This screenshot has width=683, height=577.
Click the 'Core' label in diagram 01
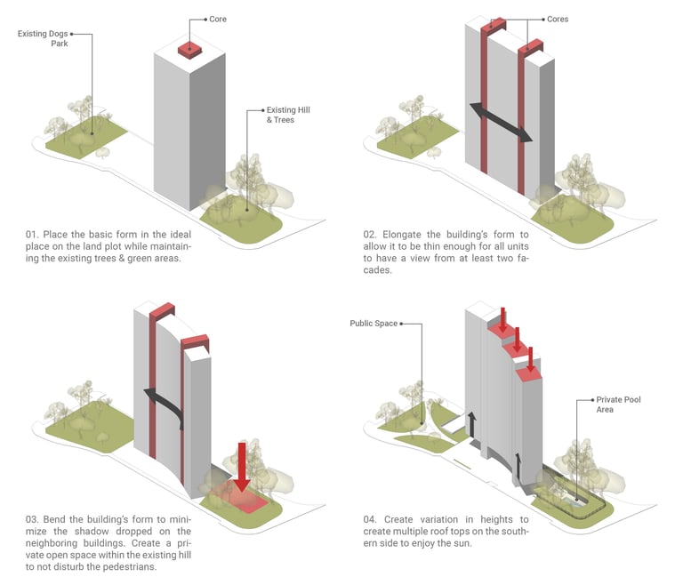218,18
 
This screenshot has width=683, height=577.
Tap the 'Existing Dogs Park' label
43,38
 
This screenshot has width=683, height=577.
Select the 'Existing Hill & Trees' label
272,115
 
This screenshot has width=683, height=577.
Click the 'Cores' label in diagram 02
558,19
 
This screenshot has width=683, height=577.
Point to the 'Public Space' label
374,325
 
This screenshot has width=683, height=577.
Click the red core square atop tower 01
191,49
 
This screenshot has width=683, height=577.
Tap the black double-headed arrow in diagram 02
501,122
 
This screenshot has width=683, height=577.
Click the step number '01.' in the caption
33,235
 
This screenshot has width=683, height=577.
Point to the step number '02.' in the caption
371,235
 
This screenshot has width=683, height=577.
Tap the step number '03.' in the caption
33,519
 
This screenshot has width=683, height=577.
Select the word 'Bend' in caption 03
61,519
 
